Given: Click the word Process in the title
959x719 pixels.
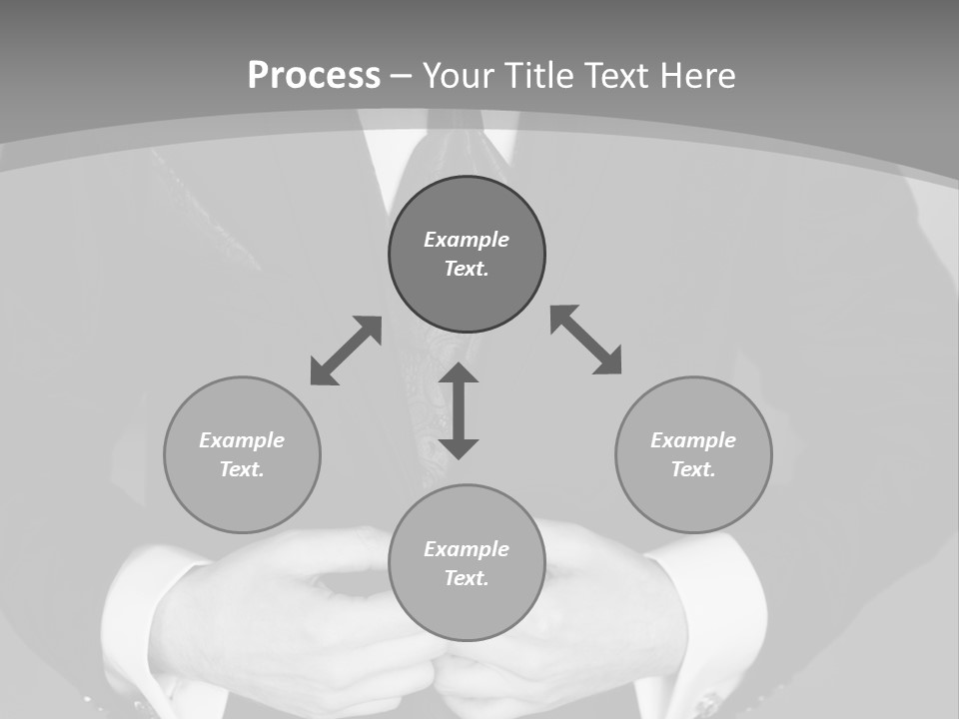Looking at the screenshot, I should coord(314,76).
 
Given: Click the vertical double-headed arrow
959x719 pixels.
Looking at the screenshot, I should coord(459,410).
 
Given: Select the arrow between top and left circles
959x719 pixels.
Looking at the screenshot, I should coord(346,351).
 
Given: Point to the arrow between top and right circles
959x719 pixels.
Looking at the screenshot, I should coord(586,340).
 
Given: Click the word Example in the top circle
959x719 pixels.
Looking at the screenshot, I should coord(467,240).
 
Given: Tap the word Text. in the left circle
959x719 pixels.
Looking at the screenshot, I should coord(242,469).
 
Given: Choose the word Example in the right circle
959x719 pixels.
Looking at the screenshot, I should coord(693,440).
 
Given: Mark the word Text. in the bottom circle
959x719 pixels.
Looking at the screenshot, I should coord(467,578).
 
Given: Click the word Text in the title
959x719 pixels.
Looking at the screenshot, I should coord(619,76).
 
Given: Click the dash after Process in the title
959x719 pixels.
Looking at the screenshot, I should coord(401,76).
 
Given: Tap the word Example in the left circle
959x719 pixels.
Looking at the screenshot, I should coord(242,440).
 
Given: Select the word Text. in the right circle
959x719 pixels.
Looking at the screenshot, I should coord(693,469).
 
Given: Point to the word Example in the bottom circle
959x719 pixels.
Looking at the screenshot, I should coord(467,549).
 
